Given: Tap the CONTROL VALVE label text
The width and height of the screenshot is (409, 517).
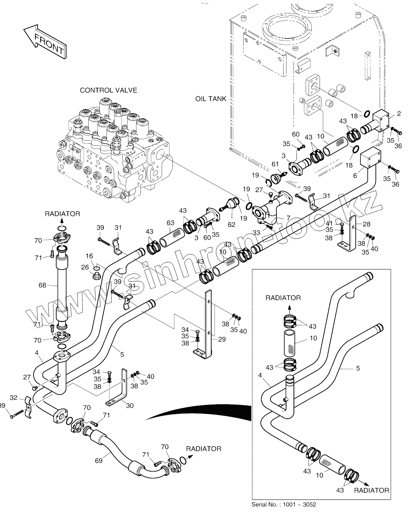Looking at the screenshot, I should point(108,90).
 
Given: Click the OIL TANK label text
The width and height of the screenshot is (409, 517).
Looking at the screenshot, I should point(211,99).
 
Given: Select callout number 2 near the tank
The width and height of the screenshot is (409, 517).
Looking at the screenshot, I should point(399,114).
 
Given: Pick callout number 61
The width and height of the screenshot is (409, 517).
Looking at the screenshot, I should point(275,164).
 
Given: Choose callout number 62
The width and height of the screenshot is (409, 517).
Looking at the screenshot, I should point(232,224).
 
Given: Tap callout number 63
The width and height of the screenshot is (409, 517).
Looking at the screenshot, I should point(170,223).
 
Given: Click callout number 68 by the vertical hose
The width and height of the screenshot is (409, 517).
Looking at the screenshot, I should point(42,285).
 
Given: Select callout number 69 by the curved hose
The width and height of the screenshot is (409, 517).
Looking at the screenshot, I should point(98,461).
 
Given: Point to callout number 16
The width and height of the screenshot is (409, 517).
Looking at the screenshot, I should point(89,256).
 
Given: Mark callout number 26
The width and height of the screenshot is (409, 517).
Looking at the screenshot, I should point(86,267).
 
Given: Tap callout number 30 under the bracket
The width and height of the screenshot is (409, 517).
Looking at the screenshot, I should point(129,406).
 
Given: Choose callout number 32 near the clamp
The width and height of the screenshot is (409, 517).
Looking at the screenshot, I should point(13,398).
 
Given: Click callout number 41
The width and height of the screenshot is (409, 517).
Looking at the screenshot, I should point(329,223).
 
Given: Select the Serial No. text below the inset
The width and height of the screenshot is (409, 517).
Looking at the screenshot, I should point(284,505).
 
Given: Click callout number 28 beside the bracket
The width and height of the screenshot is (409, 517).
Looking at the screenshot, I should point(367,224).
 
